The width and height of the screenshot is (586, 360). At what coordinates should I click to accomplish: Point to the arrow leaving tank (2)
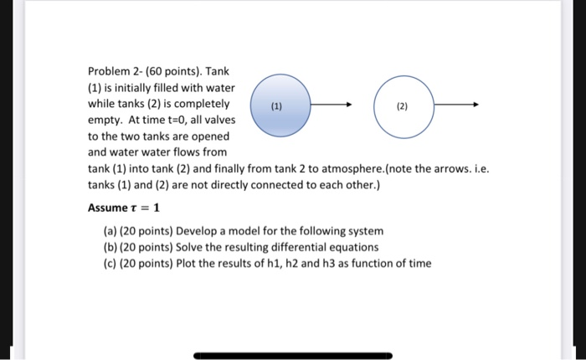click(x=455, y=106)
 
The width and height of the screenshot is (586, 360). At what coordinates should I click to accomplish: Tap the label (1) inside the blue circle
click(x=276, y=107)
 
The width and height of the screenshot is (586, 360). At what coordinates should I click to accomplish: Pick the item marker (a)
click(x=111, y=231)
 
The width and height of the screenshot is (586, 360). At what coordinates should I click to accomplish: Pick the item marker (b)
click(x=111, y=248)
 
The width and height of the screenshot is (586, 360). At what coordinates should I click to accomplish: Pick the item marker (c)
click(x=111, y=264)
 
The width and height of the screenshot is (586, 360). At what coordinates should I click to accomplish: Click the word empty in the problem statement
click(x=105, y=121)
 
